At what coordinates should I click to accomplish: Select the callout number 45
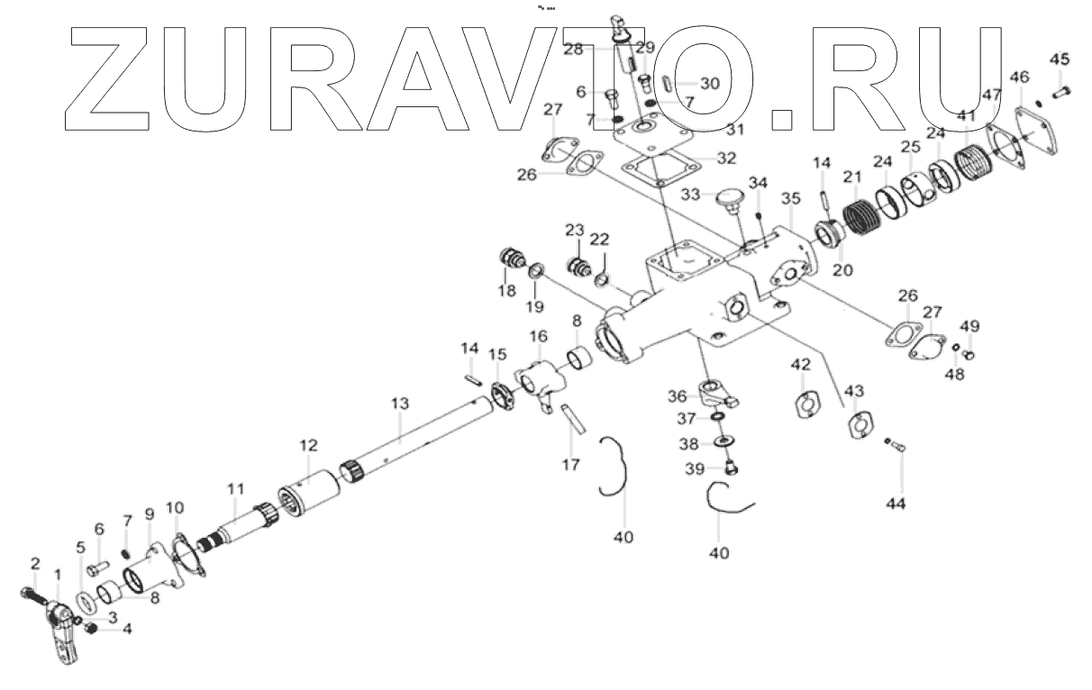click(1060, 59)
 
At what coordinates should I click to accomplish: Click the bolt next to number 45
click(1060, 90)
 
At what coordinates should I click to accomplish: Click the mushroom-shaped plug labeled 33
click(728, 196)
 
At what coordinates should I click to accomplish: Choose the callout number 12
click(308, 446)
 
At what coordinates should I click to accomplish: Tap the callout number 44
click(896, 503)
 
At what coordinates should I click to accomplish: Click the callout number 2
click(35, 564)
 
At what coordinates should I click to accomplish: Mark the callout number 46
click(1019, 77)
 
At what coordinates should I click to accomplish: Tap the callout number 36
click(677, 396)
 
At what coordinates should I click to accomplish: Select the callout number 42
click(800, 364)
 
